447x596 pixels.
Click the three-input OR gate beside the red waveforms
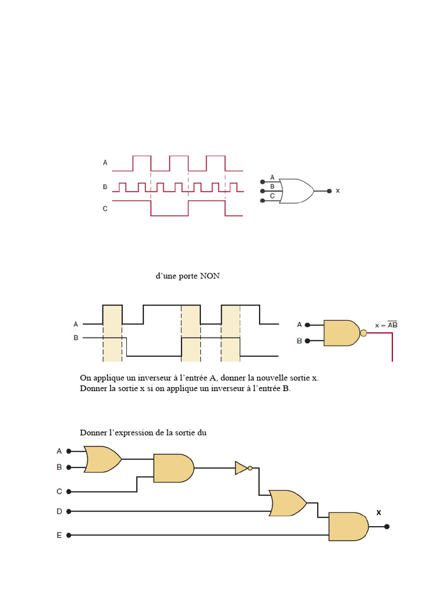tap(296, 191)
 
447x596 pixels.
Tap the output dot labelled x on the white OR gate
tap(329, 191)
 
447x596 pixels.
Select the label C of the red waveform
tap(105, 209)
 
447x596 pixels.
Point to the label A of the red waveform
tap(105, 163)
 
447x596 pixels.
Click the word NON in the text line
tap(210, 276)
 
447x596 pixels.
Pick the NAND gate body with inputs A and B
tap(341, 333)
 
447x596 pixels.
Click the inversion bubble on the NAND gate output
tap(363, 334)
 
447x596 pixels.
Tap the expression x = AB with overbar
tap(386, 325)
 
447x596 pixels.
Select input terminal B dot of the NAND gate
tap(307, 341)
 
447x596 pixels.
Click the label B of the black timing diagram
tap(76, 338)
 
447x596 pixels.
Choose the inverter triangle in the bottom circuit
tap(242, 468)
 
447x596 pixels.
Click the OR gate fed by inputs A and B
tap(102, 459)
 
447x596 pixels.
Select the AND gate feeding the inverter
tap(173, 468)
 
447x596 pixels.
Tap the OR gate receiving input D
tap(288, 503)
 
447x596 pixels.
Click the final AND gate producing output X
tap(349, 526)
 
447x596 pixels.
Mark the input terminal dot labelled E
tap(69, 535)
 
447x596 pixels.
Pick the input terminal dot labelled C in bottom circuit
tap(69, 491)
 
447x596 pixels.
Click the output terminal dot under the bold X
tap(386, 526)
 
